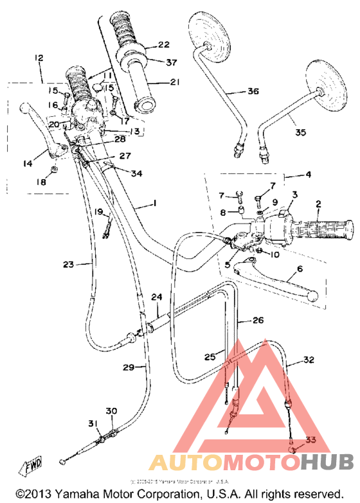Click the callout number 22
click(x=164, y=44)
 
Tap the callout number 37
click(x=171, y=62)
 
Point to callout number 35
click(x=300, y=133)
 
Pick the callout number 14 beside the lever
click(x=27, y=164)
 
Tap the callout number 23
click(x=69, y=264)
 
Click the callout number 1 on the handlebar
click(x=154, y=204)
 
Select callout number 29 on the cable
click(x=129, y=367)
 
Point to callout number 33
click(x=311, y=439)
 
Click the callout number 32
click(x=309, y=360)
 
